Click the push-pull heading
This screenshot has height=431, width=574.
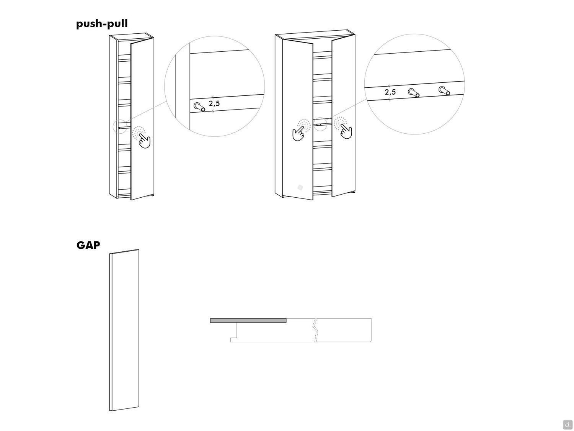pyautogui.click(x=102, y=24)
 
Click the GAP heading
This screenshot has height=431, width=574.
pyautogui.click(x=88, y=245)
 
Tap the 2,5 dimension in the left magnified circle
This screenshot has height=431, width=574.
pyautogui.click(x=214, y=103)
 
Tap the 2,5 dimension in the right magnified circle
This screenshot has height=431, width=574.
pyautogui.click(x=390, y=92)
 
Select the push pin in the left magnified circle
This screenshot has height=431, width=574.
pyautogui.click(x=199, y=107)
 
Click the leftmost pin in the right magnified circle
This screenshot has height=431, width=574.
pyautogui.click(x=414, y=92)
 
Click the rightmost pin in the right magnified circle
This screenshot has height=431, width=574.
pyautogui.click(x=444, y=90)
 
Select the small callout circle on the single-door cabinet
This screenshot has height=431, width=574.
pyautogui.click(x=120, y=127)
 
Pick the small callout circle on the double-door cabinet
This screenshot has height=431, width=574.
pyautogui.click(x=320, y=124)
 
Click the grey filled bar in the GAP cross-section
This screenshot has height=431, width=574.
pyautogui.click(x=248, y=321)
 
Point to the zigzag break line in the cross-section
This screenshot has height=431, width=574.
pyautogui.click(x=316, y=330)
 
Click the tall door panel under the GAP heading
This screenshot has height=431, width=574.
pyautogui.click(x=124, y=330)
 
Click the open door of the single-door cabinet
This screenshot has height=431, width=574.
pyautogui.click(x=142, y=119)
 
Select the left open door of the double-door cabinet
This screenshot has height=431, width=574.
pyautogui.click(x=298, y=120)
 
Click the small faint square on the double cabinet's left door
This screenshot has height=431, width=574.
pyautogui.click(x=300, y=187)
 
